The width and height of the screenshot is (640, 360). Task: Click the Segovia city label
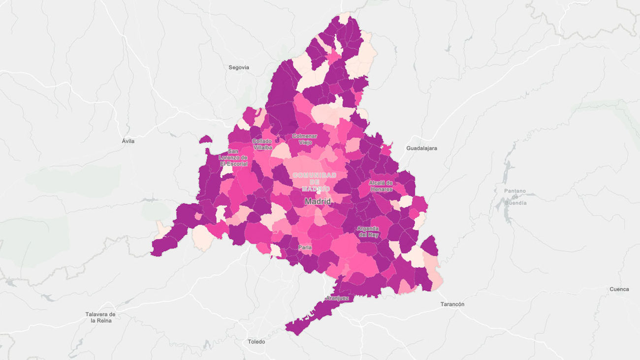click(x=239, y=67)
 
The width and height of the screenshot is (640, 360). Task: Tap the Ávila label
click(x=128, y=141)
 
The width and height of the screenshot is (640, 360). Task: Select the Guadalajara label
click(x=421, y=148)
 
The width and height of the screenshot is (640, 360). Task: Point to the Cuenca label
click(x=619, y=289)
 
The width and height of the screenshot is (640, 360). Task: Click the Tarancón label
click(x=451, y=304)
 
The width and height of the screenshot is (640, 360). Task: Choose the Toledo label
click(x=256, y=342)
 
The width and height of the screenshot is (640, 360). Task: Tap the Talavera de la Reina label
click(x=100, y=317)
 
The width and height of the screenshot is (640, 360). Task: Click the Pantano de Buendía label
click(x=515, y=196)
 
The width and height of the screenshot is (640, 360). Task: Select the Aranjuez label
click(x=337, y=298)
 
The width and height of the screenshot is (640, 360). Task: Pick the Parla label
click(x=305, y=247)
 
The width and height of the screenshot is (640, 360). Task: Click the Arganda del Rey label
click(x=368, y=231)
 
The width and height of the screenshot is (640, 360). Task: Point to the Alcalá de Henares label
click(x=381, y=186)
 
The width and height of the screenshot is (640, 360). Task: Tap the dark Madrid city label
click(x=318, y=201)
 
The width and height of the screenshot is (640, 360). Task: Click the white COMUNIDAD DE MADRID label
click(x=314, y=182)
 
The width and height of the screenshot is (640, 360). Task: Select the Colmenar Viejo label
click(x=304, y=139)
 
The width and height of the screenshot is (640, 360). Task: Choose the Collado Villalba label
click(x=262, y=144)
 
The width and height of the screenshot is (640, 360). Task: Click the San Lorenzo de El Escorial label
click(x=234, y=157)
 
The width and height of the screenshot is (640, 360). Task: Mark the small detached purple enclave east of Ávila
click(x=205, y=140)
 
